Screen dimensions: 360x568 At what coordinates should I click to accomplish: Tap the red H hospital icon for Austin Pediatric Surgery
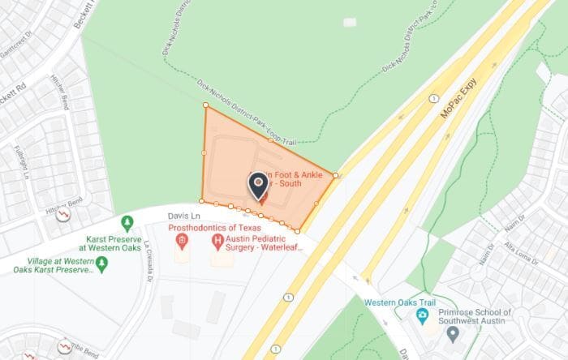217,242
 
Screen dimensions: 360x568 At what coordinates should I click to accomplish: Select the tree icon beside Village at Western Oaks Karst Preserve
101,264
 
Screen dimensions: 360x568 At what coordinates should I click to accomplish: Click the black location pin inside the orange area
259,185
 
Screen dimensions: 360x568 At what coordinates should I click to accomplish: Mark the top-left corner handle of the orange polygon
204,105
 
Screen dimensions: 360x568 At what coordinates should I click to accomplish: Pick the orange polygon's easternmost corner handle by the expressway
335,174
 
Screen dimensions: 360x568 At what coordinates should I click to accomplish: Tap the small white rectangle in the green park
350,22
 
